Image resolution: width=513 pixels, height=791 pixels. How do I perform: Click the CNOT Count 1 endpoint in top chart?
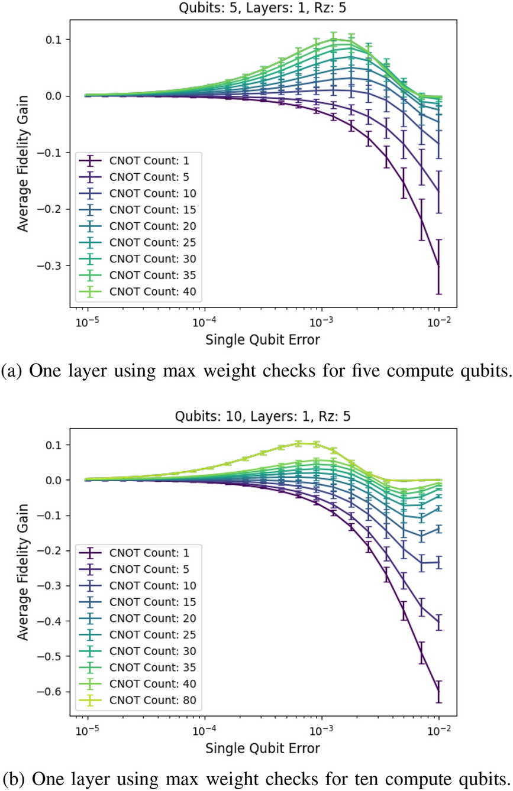(x=438, y=267)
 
